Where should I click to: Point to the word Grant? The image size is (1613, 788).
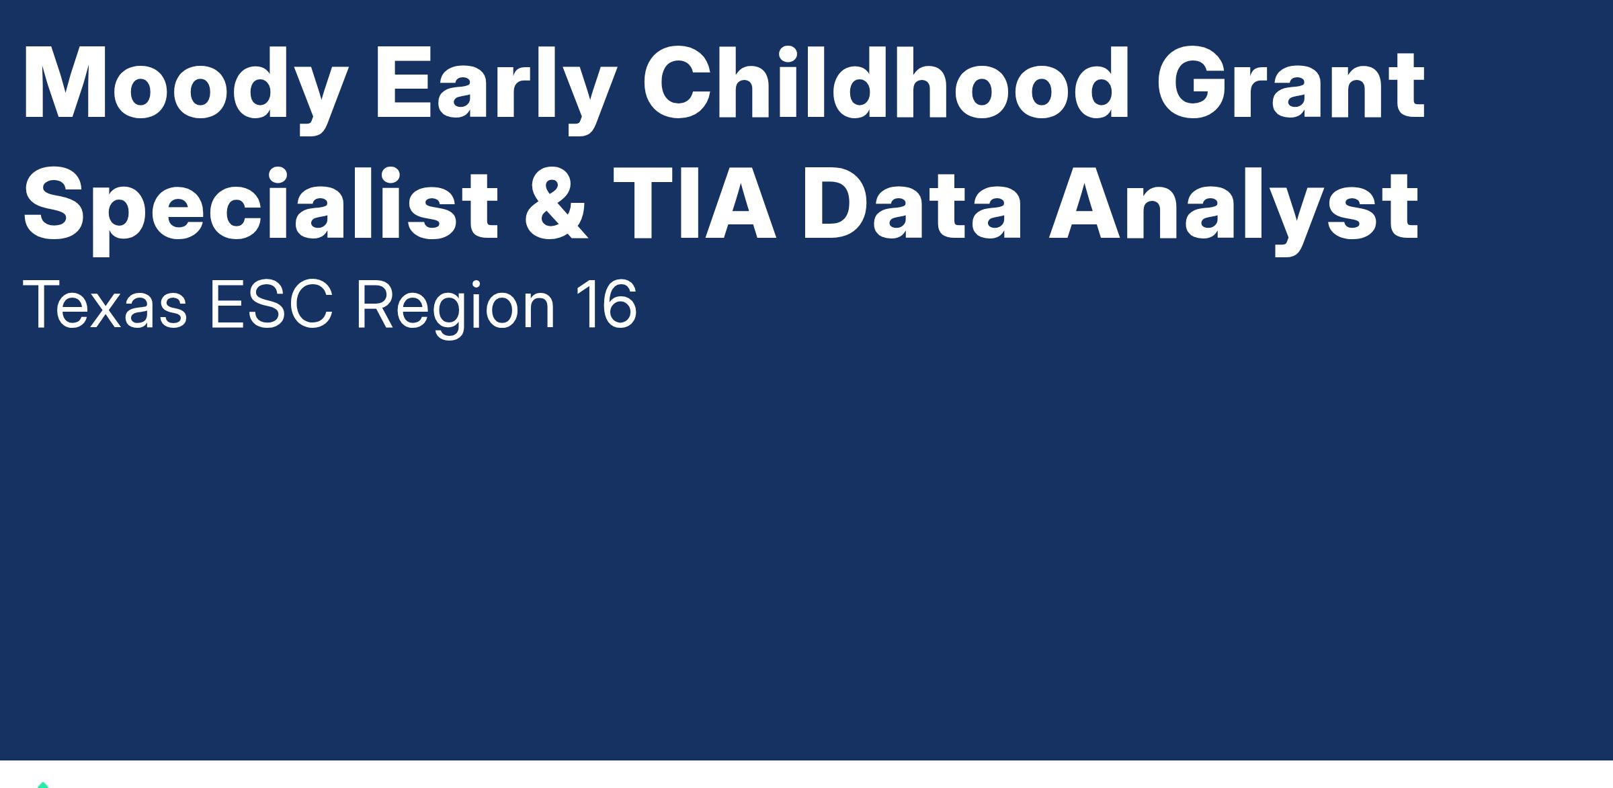(1290, 83)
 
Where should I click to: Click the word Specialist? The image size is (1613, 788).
(261, 209)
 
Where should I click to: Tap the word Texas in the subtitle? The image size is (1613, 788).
(105, 306)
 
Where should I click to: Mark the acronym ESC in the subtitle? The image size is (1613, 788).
(272, 306)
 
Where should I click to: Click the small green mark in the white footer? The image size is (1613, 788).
(43, 784)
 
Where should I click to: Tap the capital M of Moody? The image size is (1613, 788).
(65, 83)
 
